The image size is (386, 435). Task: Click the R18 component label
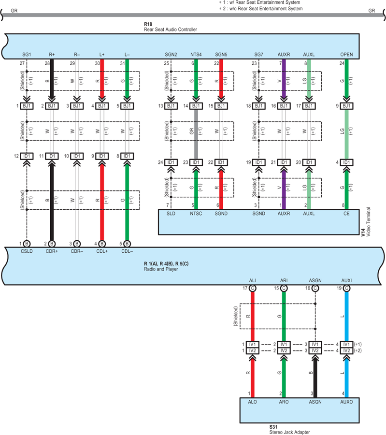pyautogui.click(x=148, y=24)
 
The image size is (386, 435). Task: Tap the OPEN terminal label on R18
pyautogui.click(x=346, y=55)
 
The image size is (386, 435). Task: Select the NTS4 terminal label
pyautogui.click(x=196, y=55)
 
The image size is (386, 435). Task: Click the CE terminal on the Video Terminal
pyautogui.click(x=346, y=214)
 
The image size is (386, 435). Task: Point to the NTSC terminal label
pyautogui.click(x=196, y=214)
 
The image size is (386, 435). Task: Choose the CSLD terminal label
pyautogui.click(x=27, y=251)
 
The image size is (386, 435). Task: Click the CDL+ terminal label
pyautogui.click(x=102, y=251)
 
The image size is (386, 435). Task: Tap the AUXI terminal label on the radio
pyautogui.click(x=346, y=281)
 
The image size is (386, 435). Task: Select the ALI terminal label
pyautogui.click(x=252, y=281)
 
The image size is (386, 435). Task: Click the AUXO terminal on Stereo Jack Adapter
pyautogui.click(x=346, y=402)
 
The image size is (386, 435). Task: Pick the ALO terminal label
pyautogui.click(x=252, y=402)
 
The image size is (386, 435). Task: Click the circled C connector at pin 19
pyautogui.click(x=346, y=288)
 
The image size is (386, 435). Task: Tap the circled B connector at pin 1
pyautogui.click(x=27, y=244)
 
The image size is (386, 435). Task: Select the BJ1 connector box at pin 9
pyautogui.click(x=346, y=106)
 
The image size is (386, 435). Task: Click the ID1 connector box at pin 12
pyautogui.click(x=27, y=156)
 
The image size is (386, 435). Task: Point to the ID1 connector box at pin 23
pyautogui.click(x=196, y=162)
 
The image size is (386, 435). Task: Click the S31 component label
pyautogui.click(x=273, y=427)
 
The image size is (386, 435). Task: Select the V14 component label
pyautogui.click(x=363, y=232)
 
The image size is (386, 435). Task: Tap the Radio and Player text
pyautogui.click(x=161, y=269)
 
